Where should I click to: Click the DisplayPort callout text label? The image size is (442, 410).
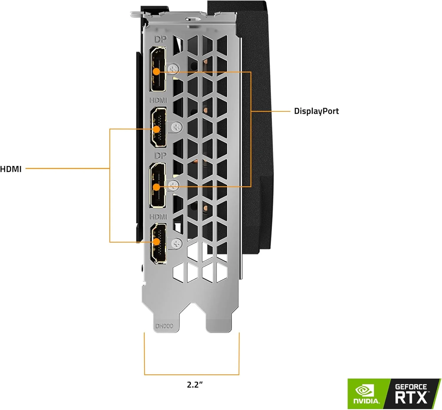point(316,111)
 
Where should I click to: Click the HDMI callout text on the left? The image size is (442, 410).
point(11,169)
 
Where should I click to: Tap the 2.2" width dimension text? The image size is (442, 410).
point(195,384)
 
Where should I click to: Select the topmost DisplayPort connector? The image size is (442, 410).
point(158,69)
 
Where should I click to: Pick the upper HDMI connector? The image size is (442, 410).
point(158,127)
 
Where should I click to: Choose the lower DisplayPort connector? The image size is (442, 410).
point(158,185)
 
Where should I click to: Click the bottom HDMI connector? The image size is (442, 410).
point(158,243)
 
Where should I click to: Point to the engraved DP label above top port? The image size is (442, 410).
point(160,39)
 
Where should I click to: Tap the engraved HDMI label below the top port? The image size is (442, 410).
point(158,100)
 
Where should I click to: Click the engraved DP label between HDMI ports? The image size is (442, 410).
point(160,155)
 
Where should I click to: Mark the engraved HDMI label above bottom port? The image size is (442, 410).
point(158,217)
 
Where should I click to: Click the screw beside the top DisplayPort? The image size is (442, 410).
point(174,68)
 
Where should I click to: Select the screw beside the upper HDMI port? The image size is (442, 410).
point(177,127)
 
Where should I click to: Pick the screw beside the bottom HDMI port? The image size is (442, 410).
point(177,243)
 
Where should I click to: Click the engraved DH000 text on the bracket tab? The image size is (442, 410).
point(164,326)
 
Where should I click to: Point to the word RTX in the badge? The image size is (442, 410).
point(411,398)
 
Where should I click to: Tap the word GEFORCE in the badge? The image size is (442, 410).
point(411,386)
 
